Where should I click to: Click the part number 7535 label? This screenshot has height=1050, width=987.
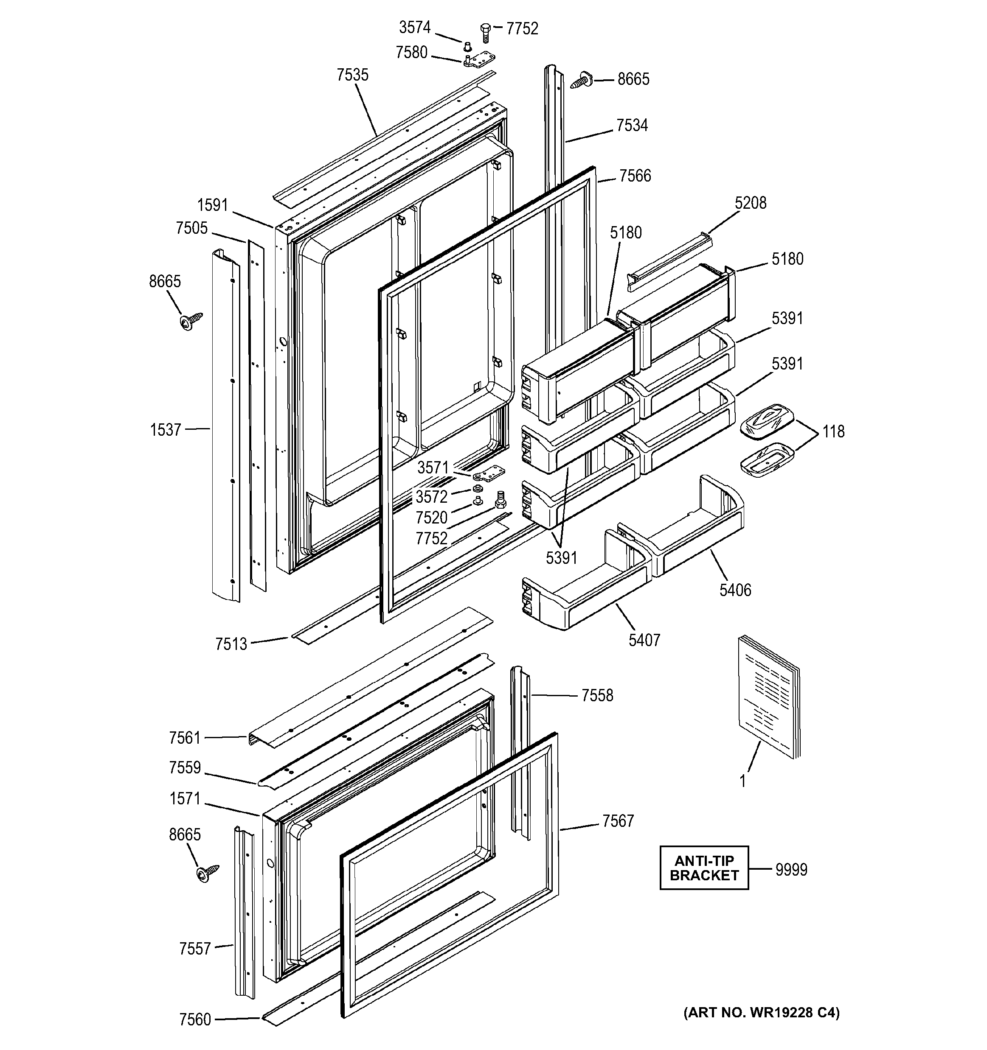(352, 75)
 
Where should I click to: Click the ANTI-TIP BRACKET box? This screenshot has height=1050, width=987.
(704, 868)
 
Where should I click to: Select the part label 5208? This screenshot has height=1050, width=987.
(750, 203)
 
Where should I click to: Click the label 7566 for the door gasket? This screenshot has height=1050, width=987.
(635, 176)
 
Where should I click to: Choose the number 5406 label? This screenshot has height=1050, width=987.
(735, 590)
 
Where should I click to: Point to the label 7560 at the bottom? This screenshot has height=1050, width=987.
(195, 1019)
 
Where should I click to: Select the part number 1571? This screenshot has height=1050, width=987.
(185, 798)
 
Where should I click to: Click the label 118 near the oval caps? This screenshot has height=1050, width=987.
(833, 431)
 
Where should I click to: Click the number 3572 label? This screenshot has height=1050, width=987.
(431, 496)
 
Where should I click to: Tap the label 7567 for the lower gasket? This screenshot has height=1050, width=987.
(618, 821)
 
